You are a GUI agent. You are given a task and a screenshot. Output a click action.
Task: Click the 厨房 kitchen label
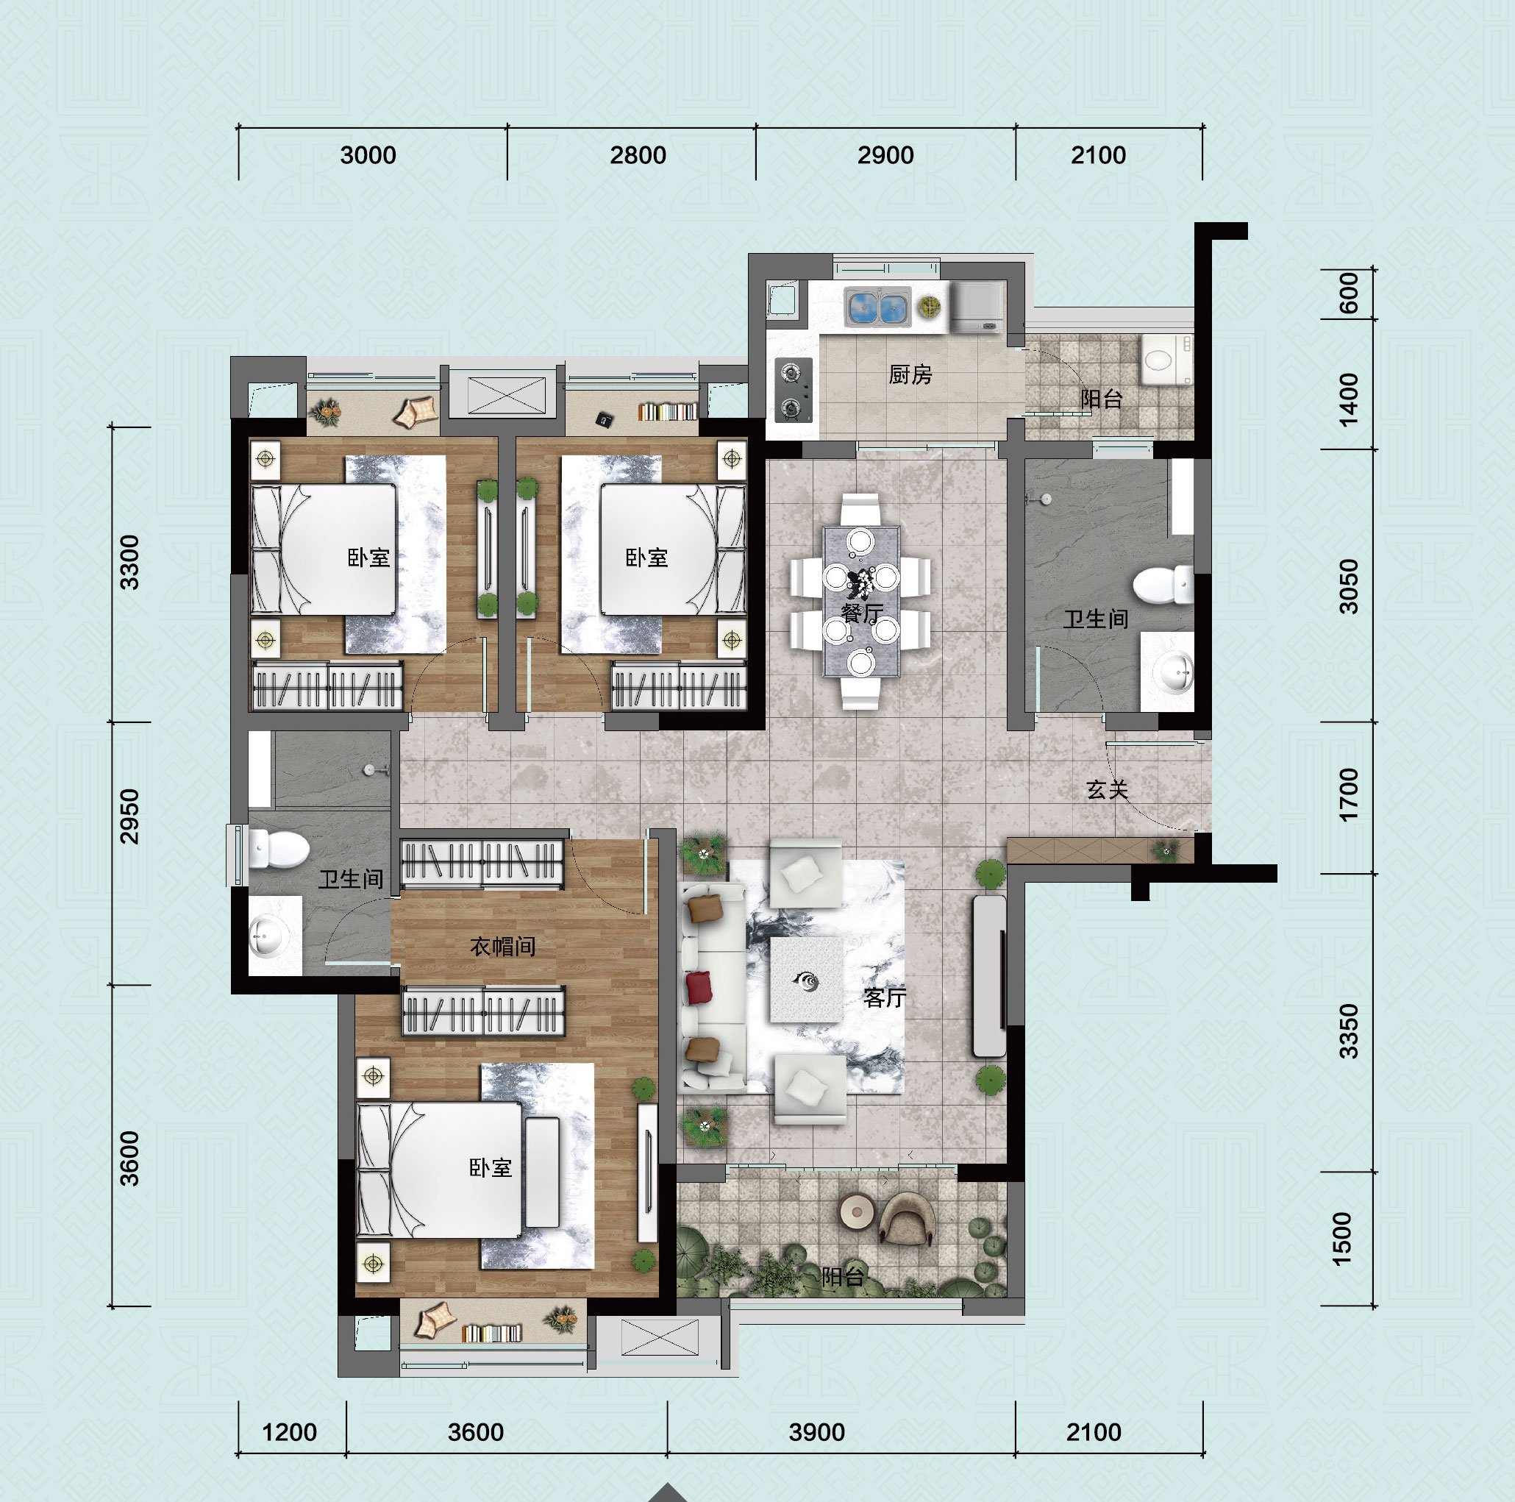point(910,375)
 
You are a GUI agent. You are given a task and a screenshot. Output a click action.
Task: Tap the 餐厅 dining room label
point(863,613)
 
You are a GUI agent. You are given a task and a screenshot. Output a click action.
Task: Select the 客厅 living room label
point(885,997)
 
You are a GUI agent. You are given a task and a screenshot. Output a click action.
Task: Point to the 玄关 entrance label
point(1108,790)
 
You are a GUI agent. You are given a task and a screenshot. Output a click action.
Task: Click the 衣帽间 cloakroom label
point(502,947)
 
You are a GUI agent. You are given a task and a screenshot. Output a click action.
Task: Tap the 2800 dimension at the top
point(638,155)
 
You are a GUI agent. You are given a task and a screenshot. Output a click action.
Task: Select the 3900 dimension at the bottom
point(816,1432)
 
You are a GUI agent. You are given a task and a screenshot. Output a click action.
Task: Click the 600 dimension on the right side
point(1348,293)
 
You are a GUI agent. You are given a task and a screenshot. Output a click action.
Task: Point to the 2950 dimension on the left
point(129,816)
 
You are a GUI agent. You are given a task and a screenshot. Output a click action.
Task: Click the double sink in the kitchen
point(877,307)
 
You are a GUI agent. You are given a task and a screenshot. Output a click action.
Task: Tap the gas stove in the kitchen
point(794,390)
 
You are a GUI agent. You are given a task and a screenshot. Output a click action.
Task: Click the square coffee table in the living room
point(807,980)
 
